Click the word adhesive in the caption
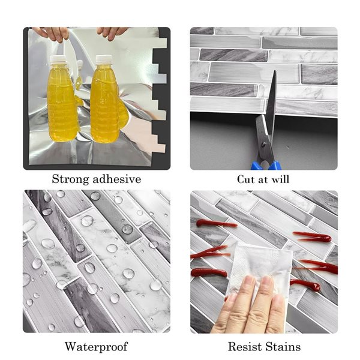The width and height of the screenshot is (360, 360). click(x=115, y=179)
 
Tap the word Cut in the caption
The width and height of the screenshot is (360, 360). click(x=245, y=179)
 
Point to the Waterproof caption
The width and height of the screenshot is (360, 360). click(x=96, y=347)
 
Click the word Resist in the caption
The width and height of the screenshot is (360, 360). click(x=245, y=346)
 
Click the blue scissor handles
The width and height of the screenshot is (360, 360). click(x=266, y=165)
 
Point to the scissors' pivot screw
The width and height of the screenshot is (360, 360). click(x=264, y=144)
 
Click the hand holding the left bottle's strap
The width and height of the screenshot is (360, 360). click(x=51, y=34)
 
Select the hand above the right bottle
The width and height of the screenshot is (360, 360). click(x=112, y=33)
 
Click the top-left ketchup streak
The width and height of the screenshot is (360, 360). click(x=216, y=223)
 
